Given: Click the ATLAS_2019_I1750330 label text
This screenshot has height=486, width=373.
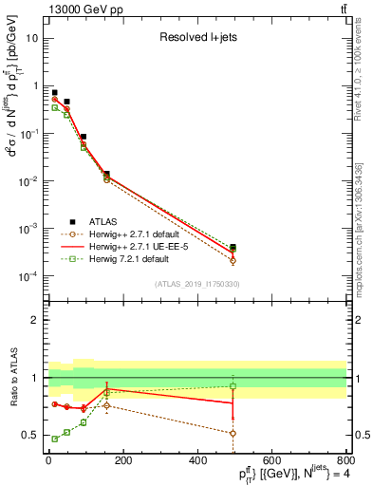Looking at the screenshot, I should tap(196, 284).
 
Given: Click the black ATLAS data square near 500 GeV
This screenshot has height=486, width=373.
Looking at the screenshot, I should tap(233, 248).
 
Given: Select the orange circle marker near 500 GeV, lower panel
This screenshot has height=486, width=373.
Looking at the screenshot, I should tap(233, 433).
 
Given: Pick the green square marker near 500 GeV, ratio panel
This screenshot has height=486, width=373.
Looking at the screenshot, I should tap(233, 386).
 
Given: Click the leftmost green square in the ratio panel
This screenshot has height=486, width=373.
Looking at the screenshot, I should tap(54, 439).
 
